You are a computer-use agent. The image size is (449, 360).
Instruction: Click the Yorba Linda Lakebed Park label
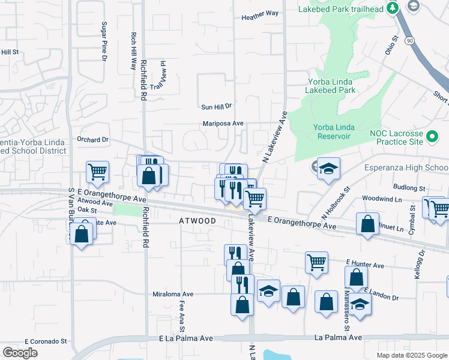tap(331, 86)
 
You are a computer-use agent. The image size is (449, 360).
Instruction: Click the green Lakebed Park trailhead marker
tap(393, 8)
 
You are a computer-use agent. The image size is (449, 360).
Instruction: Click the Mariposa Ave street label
tap(222, 124)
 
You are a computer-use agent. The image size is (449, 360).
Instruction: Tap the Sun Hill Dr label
tap(216, 107)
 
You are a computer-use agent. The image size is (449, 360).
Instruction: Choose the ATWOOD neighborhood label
tap(197, 221)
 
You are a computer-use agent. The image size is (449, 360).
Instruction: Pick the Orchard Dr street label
tap(92, 139)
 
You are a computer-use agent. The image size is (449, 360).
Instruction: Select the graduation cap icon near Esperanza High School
tap(328, 169)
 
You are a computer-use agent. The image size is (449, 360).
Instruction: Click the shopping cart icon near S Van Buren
tap(97, 172)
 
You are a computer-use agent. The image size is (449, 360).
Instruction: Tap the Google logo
tap(20, 353)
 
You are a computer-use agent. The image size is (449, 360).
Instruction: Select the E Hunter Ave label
tap(365, 265)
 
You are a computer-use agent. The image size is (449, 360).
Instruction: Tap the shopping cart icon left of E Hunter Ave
tap(316, 262)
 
